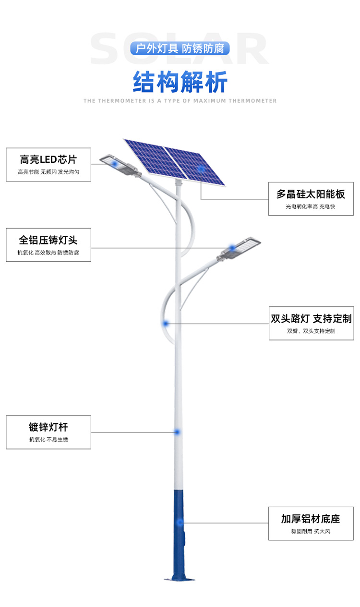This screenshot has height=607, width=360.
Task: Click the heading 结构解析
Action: pyautogui.click(x=180, y=82)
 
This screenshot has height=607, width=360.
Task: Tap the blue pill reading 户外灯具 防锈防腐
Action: pyautogui.click(x=180, y=49)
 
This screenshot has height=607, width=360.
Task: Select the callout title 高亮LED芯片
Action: pyautogui.click(x=48, y=159)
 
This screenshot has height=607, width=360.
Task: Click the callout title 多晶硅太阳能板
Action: pyautogui.click(x=311, y=194)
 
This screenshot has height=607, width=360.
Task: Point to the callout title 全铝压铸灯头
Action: pyautogui.click(x=48, y=240)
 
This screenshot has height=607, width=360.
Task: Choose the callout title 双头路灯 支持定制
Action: pyautogui.click(x=311, y=318)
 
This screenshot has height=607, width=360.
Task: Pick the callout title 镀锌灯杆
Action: pyautogui.click(x=48, y=427)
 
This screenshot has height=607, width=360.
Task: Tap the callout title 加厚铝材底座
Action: pyautogui.click(x=311, y=519)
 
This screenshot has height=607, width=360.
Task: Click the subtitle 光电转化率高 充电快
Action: pyautogui.click(x=311, y=206)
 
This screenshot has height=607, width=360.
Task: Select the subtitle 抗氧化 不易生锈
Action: pyautogui.click(x=48, y=439)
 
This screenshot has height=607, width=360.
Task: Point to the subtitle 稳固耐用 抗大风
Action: pyautogui.click(x=311, y=531)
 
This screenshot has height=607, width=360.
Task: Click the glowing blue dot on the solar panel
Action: pyautogui.click(x=201, y=169)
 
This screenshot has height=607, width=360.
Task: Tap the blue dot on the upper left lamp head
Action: pyautogui.click(x=115, y=164)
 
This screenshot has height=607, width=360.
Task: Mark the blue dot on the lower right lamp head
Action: pyautogui.click(x=233, y=248)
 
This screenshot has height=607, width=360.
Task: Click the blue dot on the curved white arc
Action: pyautogui.click(x=166, y=323)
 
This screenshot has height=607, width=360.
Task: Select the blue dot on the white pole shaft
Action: pyautogui.click(x=177, y=432)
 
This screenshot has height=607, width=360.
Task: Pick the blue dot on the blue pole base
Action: pyautogui.click(x=180, y=522)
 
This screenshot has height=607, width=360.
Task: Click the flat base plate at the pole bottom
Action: pyautogui.click(x=180, y=579)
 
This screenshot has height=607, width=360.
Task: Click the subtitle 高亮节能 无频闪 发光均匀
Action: pyautogui.click(x=48, y=172)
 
